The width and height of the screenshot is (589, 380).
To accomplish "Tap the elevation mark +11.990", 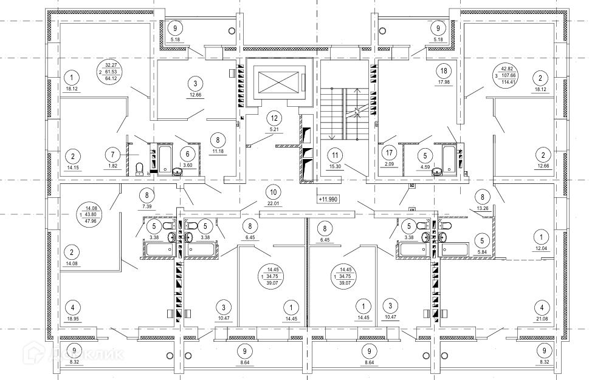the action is tap(328, 199).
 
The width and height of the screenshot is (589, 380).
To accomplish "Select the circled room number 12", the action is tap(274, 118).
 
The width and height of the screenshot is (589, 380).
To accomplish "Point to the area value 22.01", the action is tap(273, 204).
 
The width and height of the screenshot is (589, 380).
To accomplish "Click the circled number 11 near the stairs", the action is tap(335, 155).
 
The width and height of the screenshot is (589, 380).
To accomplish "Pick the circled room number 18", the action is tap(444, 70).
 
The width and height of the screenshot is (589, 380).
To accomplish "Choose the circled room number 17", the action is tap(389, 153).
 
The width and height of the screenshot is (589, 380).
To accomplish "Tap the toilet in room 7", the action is tap(139, 168).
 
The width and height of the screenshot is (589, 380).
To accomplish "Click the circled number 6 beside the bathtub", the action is tap(187, 154).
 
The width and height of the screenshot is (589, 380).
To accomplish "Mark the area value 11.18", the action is tap(218, 151).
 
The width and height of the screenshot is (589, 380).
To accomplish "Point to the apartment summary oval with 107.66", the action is tap(506, 75).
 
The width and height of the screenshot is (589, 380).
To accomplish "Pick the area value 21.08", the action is tap(542, 319).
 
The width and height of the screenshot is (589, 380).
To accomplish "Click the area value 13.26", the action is tap(482, 209).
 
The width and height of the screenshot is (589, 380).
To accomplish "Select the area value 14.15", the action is tap(73, 168).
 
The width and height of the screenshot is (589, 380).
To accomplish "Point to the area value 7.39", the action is tap(147, 206).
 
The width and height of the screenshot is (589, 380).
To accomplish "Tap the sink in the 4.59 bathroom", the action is tap(436, 172).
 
